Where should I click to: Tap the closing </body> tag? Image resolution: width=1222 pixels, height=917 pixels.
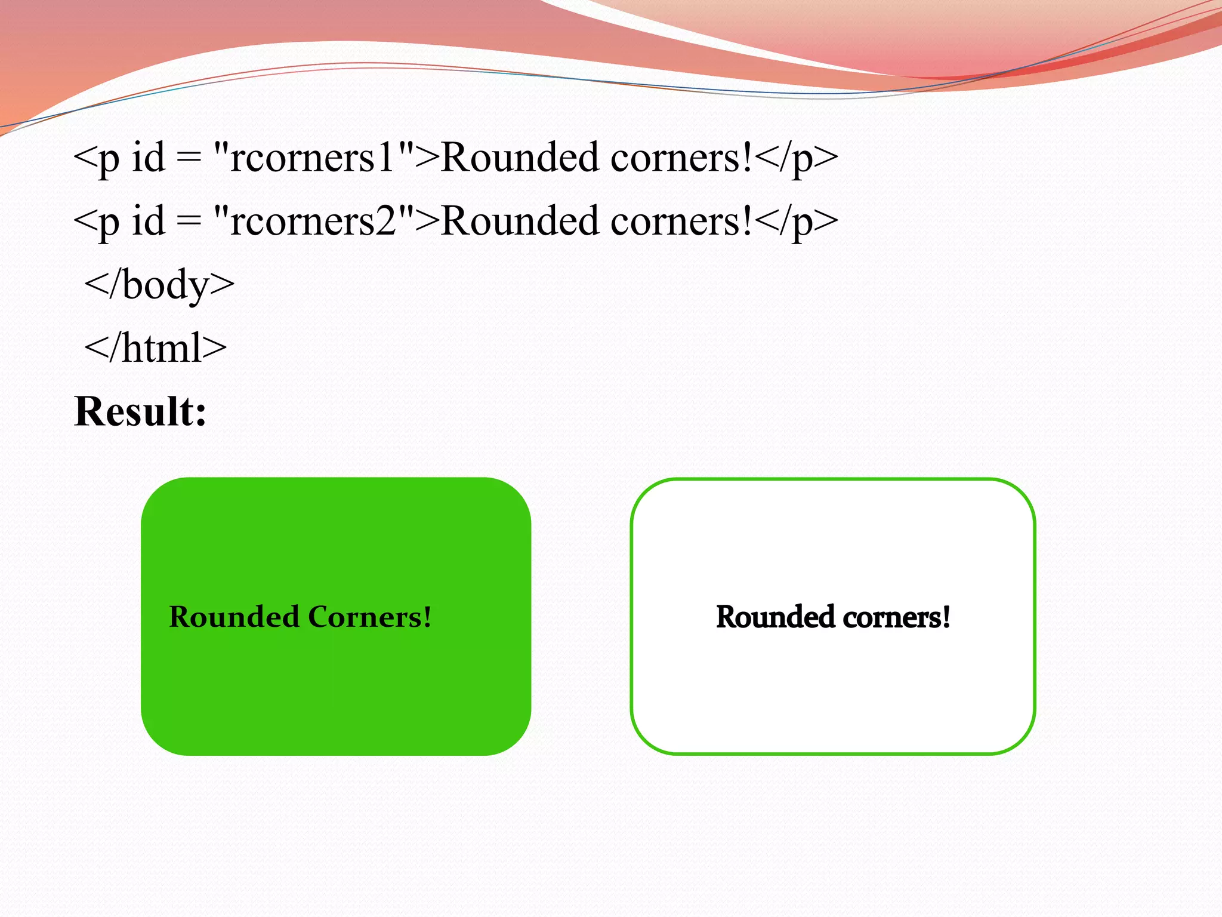[159, 285]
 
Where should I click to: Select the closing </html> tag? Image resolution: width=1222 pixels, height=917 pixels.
[155, 348]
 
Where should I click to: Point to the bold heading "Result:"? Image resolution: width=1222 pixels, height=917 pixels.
[140, 411]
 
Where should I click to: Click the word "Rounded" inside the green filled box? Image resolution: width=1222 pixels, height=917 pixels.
[234, 617]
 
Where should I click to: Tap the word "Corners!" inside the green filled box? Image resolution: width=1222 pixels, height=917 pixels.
[369, 617]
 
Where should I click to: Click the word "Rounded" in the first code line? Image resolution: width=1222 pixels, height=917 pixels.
[520, 158]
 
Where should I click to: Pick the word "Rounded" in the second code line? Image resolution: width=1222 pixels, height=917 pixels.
[520, 221]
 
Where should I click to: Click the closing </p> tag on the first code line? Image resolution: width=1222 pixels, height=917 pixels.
[796, 159]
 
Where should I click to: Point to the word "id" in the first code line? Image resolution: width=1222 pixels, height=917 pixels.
[148, 158]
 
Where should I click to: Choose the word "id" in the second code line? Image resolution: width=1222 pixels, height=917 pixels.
[148, 221]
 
